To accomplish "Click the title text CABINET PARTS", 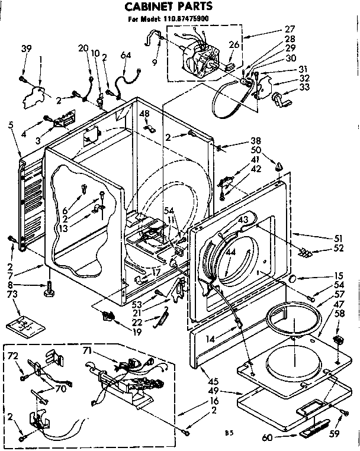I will click(x=168, y=7).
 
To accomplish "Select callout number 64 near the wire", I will click(x=125, y=56).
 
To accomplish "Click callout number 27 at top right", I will click(x=306, y=28).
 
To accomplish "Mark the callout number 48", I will click(x=144, y=114).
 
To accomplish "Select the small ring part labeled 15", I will click(x=292, y=278).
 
